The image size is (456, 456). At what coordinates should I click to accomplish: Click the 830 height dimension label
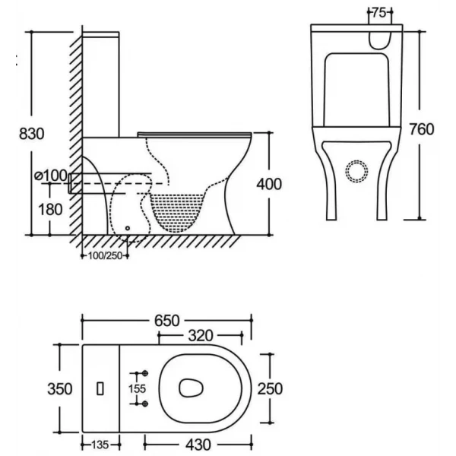click(31, 133)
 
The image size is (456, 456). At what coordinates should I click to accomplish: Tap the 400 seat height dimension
click(270, 183)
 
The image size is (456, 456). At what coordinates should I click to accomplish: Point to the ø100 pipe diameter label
click(51, 176)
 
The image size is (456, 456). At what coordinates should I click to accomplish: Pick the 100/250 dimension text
click(104, 255)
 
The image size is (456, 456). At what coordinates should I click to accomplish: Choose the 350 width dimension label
click(59, 389)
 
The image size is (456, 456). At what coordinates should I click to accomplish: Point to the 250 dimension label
click(270, 389)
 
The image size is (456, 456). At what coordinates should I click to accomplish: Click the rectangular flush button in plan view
click(101, 388)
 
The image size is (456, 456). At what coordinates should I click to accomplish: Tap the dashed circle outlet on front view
click(356, 171)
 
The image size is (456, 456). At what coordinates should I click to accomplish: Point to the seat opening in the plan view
click(191, 388)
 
